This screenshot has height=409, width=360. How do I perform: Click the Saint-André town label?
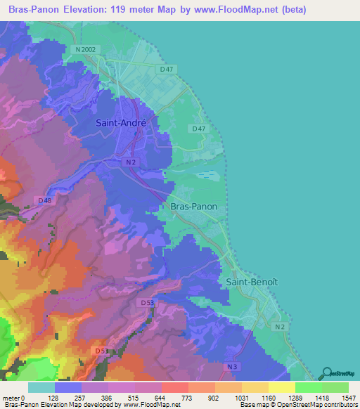121,122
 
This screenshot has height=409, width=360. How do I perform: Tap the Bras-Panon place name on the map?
193,207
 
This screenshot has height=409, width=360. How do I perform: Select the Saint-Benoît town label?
252,280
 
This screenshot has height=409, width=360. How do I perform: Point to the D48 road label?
45,200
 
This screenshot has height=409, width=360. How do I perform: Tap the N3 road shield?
234,366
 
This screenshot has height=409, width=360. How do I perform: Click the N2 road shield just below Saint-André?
131,162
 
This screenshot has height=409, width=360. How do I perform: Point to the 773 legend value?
188,397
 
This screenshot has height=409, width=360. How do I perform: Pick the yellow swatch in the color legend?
281,387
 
